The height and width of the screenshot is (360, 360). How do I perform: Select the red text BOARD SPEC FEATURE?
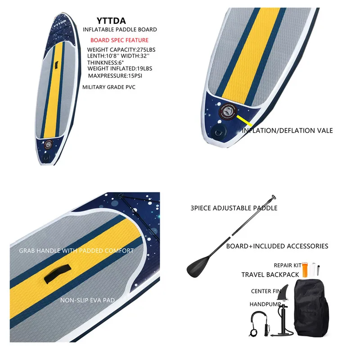coord(119,40)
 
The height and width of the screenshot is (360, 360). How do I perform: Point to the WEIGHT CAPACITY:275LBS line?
coord(119,49)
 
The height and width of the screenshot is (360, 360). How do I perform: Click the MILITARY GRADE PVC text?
coord(109,86)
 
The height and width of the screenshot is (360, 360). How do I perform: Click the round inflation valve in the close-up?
coord(226,111)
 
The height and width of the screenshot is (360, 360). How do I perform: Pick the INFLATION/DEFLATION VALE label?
coord(288,130)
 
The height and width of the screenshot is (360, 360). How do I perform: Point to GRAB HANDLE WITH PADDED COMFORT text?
coord(76,251)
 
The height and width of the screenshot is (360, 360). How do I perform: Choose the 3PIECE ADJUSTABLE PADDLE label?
coord(234,208)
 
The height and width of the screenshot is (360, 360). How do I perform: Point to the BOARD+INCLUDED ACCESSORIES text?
coord(277,246)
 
